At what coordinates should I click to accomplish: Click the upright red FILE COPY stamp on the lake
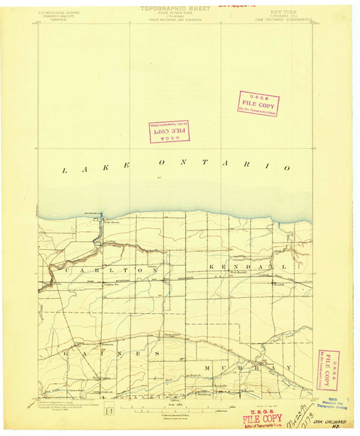pos(258,104)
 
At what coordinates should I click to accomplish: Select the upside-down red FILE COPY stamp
pos(169,132)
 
